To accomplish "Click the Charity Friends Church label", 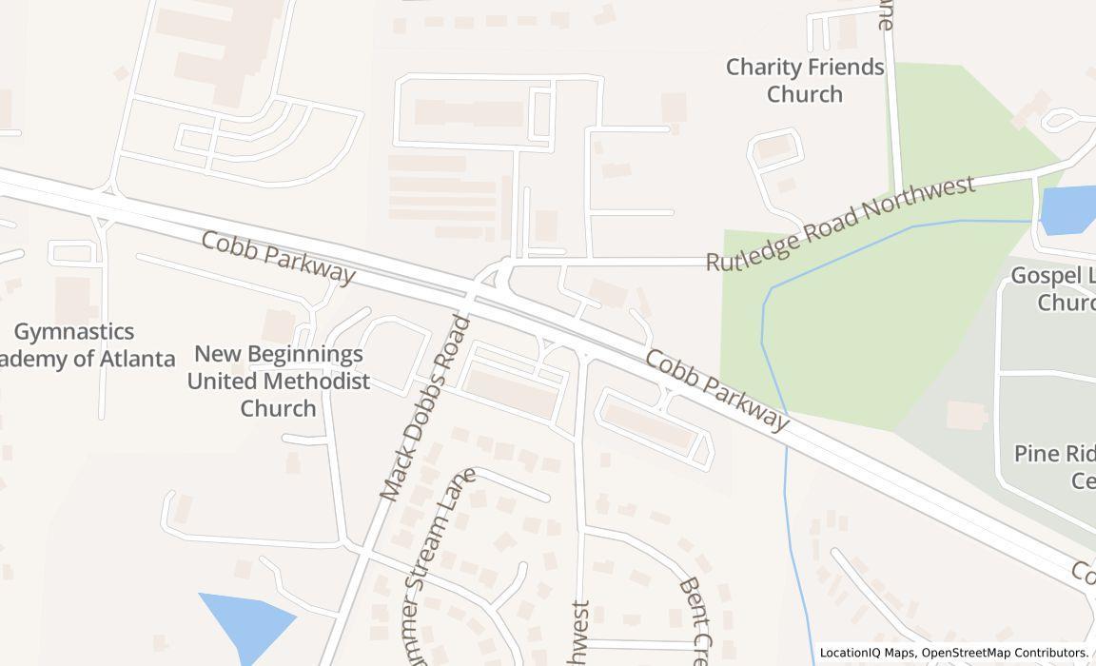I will click(805, 81).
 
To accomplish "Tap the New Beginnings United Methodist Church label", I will click(278, 381).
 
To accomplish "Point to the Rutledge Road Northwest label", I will click(841, 223).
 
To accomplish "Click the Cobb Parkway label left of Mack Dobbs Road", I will click(278, 257).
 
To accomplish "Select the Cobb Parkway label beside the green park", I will click(717, 389).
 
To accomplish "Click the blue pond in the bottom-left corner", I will click(245, 621).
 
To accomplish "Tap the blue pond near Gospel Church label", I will click(1068, 209).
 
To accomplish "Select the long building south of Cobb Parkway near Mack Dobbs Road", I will click(512, 393).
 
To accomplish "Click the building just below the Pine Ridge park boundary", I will click(967, 414).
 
